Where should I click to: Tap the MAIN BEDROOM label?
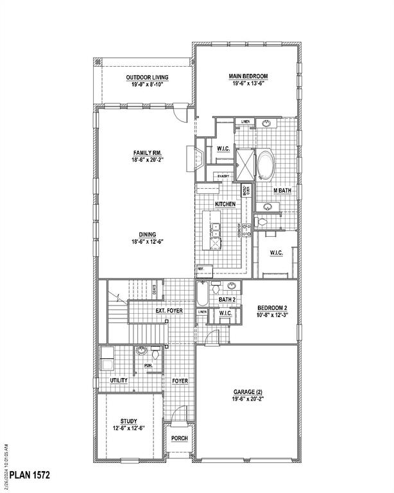click(248, 76)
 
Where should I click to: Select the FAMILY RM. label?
click(145, 153)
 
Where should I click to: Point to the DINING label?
click(145, 234)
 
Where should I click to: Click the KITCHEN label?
click(225, 203)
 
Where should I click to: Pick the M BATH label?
click(282, 190)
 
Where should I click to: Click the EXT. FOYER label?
click(169, 311)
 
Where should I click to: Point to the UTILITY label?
click(119, 380)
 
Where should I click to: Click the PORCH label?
click(179, 438)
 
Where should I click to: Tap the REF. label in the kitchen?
click(200, 268)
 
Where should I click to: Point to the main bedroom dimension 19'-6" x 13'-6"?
click(248, 84)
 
